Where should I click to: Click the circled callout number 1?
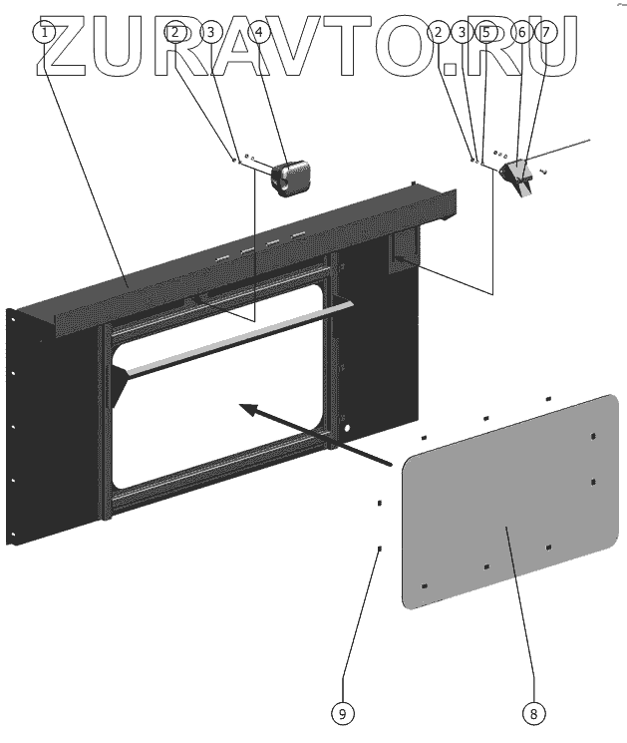coord(45,31)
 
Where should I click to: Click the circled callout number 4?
coord(259,31)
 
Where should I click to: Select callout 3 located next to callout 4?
coord(209,32)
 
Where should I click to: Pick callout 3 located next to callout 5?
coord(460,32)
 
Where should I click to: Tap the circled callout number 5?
coord(485,32)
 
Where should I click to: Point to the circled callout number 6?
coord(520,32)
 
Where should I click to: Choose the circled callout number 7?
coord(545,32)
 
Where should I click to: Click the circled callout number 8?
coord(533,713)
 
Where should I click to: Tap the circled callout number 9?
coord(342,713)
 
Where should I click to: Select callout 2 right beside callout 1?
coord(175,32)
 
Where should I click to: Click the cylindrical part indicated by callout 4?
coord(291,176)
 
